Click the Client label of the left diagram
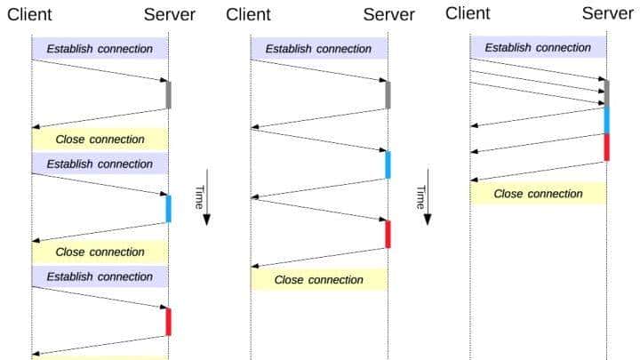[29, 15]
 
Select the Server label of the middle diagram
[388, 15]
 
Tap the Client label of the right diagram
[468, 13]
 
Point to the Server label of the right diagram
[608, 13]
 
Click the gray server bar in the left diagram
[168, 94]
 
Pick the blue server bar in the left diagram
[168, 208]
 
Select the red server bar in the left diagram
[168, 321]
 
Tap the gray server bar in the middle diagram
[388, 94]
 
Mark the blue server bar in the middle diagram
[388, 164]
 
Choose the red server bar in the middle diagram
[388, 234]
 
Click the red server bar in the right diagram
[607, 147]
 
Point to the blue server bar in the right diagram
[607, 119]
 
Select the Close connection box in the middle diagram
[318, 279]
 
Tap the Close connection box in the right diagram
[538, 193]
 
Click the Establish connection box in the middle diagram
[318, 49]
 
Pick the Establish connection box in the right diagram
[538, 47]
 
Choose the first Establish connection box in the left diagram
[100, 49]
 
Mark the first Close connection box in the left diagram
[100, 139]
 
